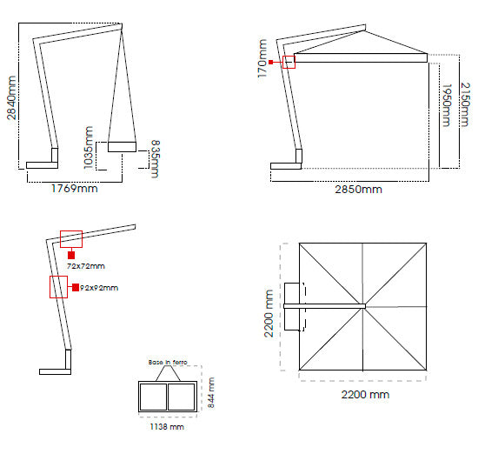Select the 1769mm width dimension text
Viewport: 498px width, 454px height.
click(x=74, y=188)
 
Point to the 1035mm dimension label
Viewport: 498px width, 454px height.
click(x=89, y=147)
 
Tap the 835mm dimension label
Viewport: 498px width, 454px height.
click(x=155, y=159)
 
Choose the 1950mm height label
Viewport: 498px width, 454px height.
click(x=446, y=106)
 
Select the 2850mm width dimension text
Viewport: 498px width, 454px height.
click(x=359, y=189)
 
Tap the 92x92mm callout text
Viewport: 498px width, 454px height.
click(x=98, y=288)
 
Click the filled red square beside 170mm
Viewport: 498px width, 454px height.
click(x=271, y=63)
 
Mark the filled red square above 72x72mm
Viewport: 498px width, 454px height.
click(x=70, y=255)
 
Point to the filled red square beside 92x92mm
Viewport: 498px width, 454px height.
click(x=76, y=287)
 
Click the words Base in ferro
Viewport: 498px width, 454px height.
click(x=168, y=362)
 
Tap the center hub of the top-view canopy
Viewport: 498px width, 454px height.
click(x=365, y=306)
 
